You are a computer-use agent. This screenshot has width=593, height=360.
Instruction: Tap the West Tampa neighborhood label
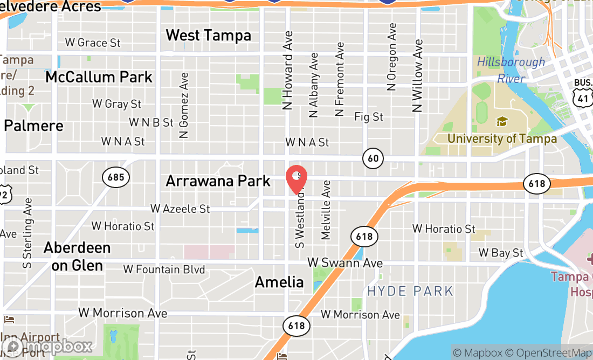coord(208,36)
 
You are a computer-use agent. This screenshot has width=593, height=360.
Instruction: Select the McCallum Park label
coord(99,77)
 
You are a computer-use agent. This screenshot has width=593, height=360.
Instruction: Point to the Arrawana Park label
coord(218,181)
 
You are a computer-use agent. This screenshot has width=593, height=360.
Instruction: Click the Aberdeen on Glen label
coord(77,257)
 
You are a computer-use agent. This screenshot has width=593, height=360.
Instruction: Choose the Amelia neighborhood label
coord(279,282)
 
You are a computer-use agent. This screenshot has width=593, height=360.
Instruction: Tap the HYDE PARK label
coord(410,292)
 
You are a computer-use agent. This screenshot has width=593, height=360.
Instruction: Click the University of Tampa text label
coord(502,139)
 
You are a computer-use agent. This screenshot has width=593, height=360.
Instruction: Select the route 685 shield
coord(115,177)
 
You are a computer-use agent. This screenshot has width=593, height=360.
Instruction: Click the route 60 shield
coord(373,158)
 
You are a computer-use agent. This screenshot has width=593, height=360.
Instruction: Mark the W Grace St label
coord(93,43)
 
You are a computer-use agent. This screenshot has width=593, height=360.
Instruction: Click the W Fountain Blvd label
coord(164,269)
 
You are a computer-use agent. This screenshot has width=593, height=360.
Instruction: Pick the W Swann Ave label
coord(345,263)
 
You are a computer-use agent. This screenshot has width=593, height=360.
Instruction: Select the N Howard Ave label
coord(288,71)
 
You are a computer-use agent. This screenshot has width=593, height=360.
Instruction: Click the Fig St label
coord(369,116)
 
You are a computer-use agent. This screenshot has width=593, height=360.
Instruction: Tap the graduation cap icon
coord(502,121)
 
